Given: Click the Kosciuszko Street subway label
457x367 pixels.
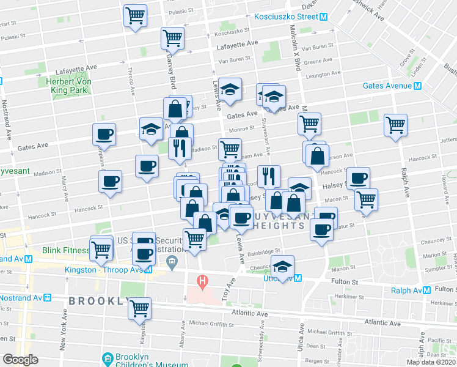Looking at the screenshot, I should pyautogui.click(x=287, y=17).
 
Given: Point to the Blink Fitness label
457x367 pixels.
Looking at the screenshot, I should pyautogui.click(x=63, y=251).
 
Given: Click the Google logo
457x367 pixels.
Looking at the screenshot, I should pyautogui.click(x=20, y=360).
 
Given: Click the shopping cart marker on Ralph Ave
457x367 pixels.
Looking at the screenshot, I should pyautogui.click(x=396, y=125).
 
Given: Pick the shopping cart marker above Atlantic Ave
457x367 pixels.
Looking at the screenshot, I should pyautogui.click(x=140, y=308).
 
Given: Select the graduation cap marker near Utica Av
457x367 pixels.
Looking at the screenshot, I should pyautogui.click(x=282, y=267).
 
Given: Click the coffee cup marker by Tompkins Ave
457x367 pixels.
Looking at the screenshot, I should pyautogui.click(x=104, y=135).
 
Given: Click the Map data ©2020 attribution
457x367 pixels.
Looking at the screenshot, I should pyautogui.click(x=430, y=362).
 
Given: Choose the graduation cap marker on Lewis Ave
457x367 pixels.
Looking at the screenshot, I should pyautogui.click(x=230, y=89).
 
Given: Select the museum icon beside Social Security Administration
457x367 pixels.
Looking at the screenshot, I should pyautogui.click(x=171, y=263).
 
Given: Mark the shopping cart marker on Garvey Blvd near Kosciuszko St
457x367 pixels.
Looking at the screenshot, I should pyautogui.click(x=173, y=39).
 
